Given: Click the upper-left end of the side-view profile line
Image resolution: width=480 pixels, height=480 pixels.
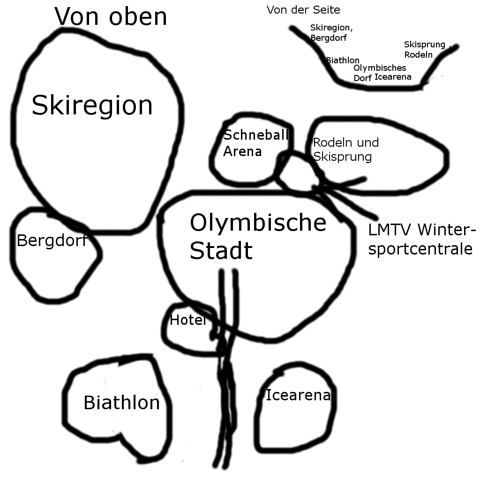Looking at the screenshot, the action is pos(292,29).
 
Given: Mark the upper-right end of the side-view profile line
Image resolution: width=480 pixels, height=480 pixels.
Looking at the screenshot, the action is pos(457,47).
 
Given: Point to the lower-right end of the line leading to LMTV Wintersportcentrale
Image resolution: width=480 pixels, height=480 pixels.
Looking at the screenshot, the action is pos(376,217).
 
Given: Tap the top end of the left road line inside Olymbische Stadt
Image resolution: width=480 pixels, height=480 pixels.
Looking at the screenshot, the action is pos(222,271).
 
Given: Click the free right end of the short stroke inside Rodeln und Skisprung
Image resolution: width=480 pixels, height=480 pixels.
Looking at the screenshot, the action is pos(364,179).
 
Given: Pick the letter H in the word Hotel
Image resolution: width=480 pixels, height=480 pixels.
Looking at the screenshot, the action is pos(174,320).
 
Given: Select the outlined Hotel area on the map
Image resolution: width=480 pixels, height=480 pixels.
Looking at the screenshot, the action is pos(191,329).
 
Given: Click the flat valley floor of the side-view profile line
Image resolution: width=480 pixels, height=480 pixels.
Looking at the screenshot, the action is pos(380,87).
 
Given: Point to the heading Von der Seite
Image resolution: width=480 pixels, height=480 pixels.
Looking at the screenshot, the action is pos(303,10).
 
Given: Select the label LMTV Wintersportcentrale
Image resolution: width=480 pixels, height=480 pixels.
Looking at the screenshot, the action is pos(422,239).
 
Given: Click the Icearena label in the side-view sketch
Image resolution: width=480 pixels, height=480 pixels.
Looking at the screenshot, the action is pos(393,76).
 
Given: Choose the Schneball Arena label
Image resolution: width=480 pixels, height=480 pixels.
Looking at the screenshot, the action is pos(256,143).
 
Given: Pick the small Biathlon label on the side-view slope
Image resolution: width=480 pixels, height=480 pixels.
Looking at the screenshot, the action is pos(343,60).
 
